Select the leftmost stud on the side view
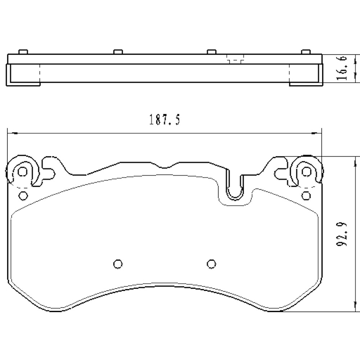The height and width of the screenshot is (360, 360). tap(22, 51)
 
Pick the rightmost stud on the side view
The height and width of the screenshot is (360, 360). tap(305, 51)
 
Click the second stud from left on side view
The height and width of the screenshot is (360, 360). tap(117, 51)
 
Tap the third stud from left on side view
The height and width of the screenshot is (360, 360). tap(211, 51)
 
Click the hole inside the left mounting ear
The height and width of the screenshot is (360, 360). tap(22, 172)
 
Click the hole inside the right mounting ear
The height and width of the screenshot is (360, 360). tap(306, 172)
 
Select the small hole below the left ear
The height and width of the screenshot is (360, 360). tap(23, 196)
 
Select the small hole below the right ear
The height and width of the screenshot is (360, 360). tap(306, 196)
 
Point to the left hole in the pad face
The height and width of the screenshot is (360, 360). tap(117, 264)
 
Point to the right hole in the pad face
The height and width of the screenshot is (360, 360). tap(211, 264)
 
